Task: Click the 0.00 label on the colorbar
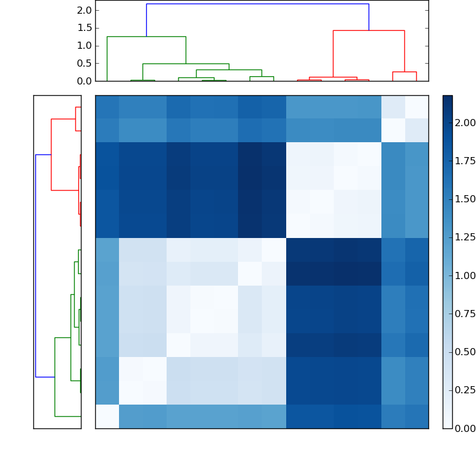(465, 428)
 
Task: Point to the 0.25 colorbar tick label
(465, 390)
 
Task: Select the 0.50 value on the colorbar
(465, 352)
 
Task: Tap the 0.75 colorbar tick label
(465, 314)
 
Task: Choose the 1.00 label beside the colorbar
(465, 275)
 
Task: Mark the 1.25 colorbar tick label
(465, 237)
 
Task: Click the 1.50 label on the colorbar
(465, 199)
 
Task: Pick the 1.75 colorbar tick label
(465, 161)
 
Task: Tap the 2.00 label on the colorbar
(465, 123)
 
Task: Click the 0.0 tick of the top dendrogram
(84, 81)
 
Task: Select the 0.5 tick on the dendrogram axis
(84, 63)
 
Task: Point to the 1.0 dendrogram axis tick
(84, 46)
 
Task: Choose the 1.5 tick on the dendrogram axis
(84, 28)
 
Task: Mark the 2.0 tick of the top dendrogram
(84, 10)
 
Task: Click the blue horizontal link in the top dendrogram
(258, 4)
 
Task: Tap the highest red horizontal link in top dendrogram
(369, 30)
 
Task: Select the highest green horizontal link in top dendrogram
(146, 37)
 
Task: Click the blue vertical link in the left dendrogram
(36, 265)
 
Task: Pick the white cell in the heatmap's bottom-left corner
(107, 416)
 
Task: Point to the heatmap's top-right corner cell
(416, 107)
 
